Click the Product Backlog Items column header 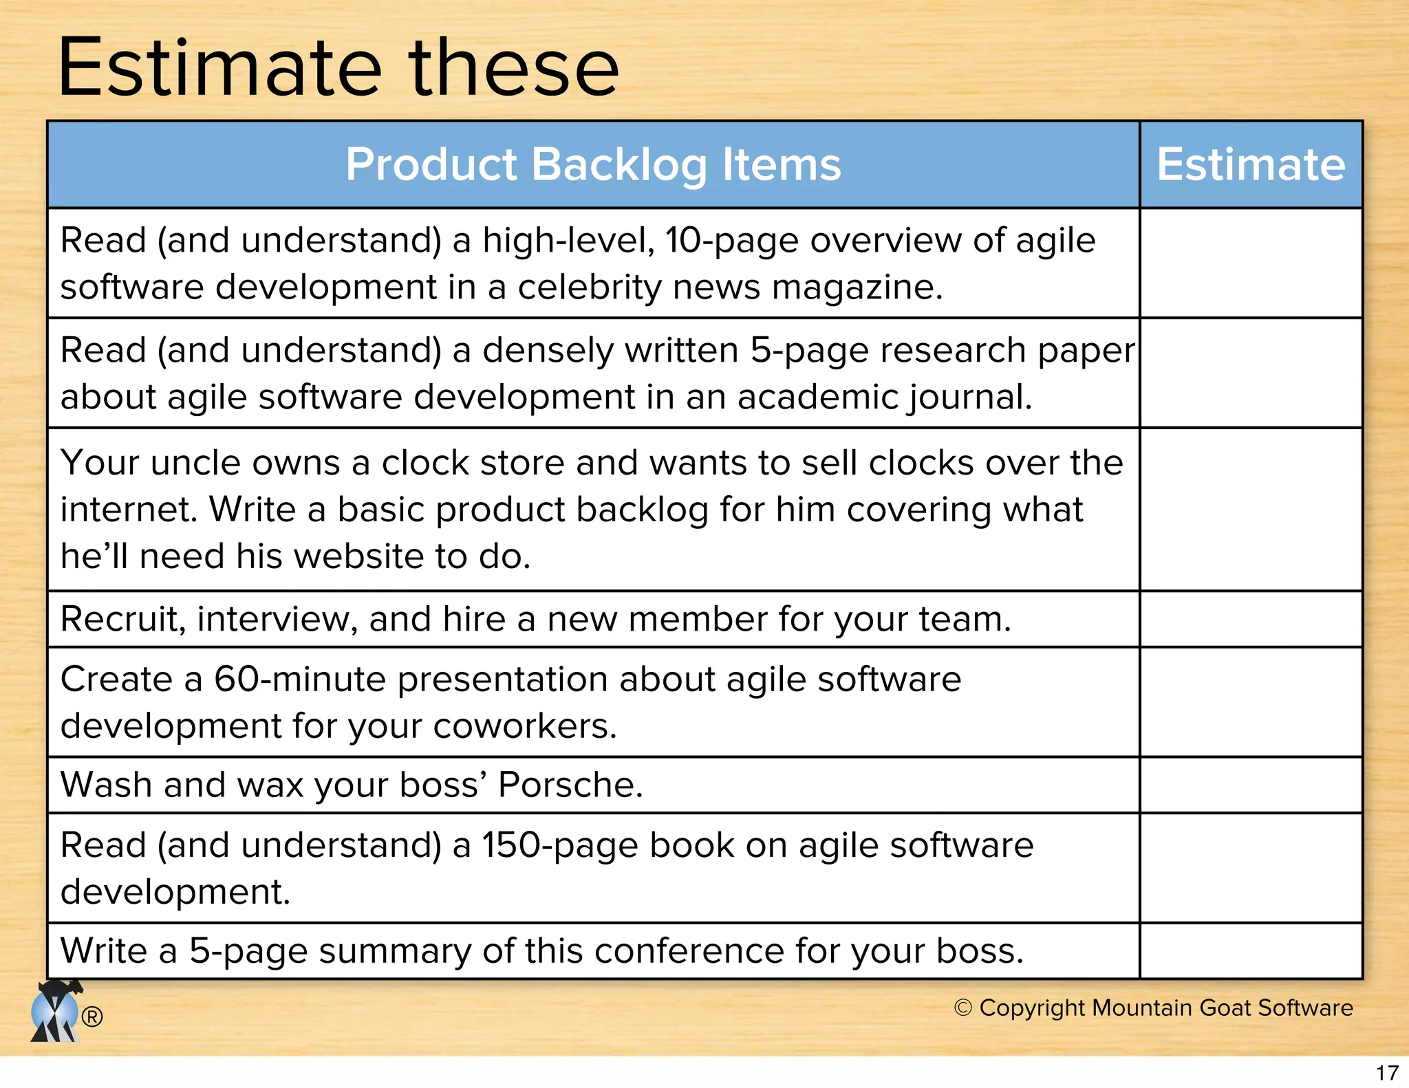coord(593,165)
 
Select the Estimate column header coord(1250,165)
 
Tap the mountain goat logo coord(55,1012)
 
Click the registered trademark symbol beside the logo coord(92,1016)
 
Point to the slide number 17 coord(1387,1073)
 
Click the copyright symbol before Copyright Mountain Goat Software coord(962,1008)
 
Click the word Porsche coord(569,785)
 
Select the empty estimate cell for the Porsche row coord(1250,785)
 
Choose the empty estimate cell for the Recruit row coord(1250,619)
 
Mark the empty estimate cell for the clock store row coord(1250,509)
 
